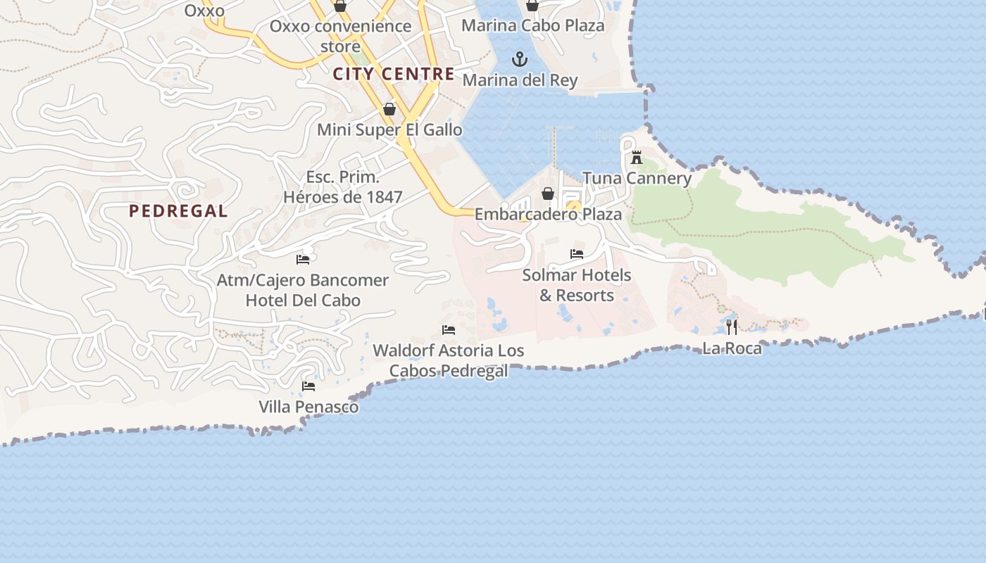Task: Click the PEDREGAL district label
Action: tap(178, 211)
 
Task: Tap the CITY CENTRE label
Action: tap(394, 74)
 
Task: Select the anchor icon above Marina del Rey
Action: tap(520, 59)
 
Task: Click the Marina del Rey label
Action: tap(520, 80)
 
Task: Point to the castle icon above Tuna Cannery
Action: tap(637, 157)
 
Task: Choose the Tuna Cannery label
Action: tap(637, 178)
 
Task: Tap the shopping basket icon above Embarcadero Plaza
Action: tap(548, 194)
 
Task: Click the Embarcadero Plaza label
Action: tap(548, 214)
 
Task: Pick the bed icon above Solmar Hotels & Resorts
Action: tap(577, 254)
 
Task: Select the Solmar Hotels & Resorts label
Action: tap(577, 285)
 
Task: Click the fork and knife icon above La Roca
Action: tap(732, 327)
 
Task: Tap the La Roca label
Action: tap(732, 348)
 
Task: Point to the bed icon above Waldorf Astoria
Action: tap(449, 329)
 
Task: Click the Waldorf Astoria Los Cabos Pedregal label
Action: tap(449, 360)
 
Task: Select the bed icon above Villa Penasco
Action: tap(308, 386)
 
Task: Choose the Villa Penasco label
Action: tap(308, 407)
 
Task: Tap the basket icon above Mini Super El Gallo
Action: tap(389, 109)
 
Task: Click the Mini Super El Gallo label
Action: tap(389, 129)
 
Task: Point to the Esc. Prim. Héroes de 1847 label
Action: tap(342, 187)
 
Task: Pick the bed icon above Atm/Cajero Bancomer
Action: tap(303, 259)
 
